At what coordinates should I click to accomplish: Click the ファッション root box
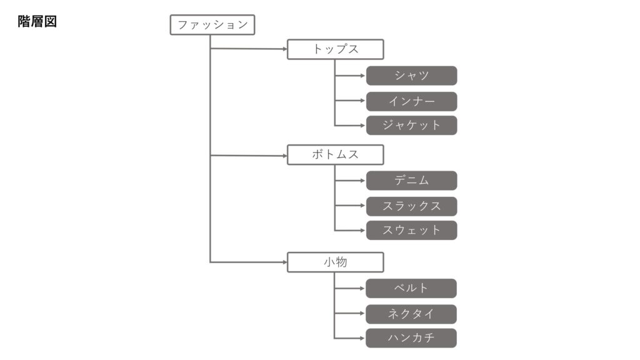point(212,25)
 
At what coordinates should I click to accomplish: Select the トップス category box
point(336,49)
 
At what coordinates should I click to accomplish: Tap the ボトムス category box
point(336,155)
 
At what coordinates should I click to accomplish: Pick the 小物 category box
point(336,262)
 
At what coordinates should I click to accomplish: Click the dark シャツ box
point(411,76)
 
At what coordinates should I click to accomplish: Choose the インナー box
point(411,101)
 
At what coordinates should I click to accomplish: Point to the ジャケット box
point(411,125)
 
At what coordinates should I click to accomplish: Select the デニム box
point(411,181)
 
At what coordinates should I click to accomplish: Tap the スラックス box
point(411,206)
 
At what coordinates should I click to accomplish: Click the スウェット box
point(411,230)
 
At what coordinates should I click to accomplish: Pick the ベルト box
point(411,288)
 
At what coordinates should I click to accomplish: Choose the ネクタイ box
point(411,314)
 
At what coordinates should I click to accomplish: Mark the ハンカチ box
point(411,338)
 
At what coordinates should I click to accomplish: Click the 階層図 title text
point(37,21)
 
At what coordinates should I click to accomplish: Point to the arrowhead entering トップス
point(285,49)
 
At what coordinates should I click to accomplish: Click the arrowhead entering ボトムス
point(285,156)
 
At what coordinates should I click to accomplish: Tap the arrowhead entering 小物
point(285,262)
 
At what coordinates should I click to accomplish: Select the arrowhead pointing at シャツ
point(362,76)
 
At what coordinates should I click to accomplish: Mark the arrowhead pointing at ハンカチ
point(362,338)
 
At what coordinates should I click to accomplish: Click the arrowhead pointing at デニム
point(362,181)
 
